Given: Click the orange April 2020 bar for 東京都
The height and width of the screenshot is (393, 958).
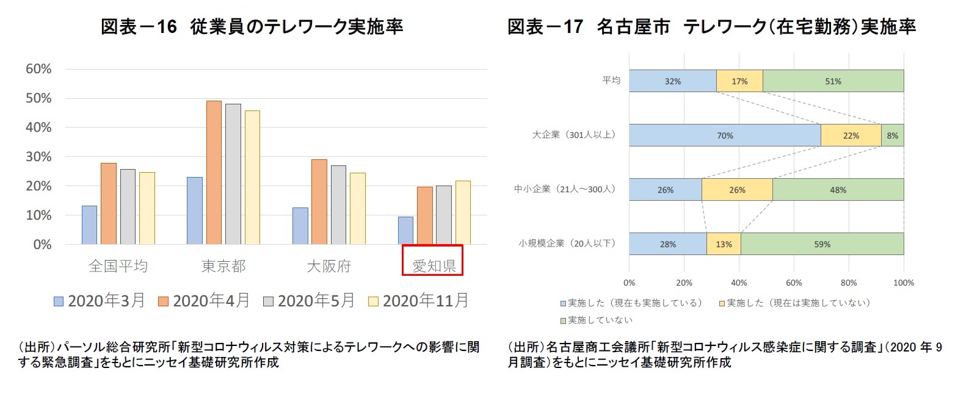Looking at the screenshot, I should (x=214, y=173).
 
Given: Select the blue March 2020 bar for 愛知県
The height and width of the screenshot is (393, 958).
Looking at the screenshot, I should (x=405, y=231).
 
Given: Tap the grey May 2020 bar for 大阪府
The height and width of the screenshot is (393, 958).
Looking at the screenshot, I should (x=338, y=205).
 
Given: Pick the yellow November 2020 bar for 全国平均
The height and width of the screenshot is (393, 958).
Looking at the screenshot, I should (x=147, y=208).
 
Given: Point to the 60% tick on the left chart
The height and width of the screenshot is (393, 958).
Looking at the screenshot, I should (x=38, y=69).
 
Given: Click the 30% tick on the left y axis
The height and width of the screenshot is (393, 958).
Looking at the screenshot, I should (x=38, y=157).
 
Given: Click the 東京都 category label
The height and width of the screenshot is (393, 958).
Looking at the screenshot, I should (x=223, y=266).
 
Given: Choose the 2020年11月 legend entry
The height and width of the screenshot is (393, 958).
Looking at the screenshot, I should (x=419, y=301).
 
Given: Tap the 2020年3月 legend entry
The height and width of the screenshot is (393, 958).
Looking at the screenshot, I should (x=100, y=301).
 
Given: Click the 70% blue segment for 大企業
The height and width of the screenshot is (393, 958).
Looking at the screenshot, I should (x=725, y=135).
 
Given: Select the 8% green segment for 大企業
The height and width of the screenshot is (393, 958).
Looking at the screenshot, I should (x=892, y=135).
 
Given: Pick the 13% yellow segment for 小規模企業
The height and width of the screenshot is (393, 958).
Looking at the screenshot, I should (x=724, y=244).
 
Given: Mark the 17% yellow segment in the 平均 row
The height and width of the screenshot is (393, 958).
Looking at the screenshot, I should (x=739, y=81).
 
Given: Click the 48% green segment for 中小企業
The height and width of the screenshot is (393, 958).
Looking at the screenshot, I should (x=838, y=190).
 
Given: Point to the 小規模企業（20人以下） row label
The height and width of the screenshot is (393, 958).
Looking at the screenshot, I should (x=567, y=243).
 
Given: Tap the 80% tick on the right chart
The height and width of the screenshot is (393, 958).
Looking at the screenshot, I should (x=849, y=283).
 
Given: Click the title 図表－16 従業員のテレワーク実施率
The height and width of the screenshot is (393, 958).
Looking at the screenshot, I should (x=252, y=26).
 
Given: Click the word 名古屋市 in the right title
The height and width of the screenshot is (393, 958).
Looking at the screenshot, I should (x=633, y=26).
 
